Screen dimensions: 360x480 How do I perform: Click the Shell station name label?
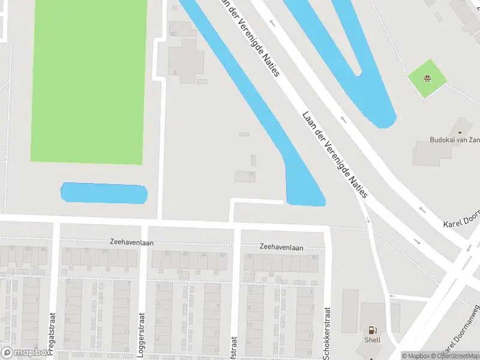(x=372, y=340)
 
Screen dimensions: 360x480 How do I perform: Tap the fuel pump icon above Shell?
(x=372, y=329)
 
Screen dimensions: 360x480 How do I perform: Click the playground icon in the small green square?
(x=428, y=78)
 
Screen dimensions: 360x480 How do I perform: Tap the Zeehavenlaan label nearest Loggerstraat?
(x=132, y=242)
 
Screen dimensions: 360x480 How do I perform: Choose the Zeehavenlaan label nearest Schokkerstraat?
(x=281, y=247)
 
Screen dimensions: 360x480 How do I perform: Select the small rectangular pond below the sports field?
(x=104, y=193)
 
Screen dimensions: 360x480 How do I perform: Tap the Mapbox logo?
(x=26, y=353)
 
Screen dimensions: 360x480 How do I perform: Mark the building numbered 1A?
(x=245, y=176)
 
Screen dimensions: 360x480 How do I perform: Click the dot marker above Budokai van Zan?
(x=460, y=131)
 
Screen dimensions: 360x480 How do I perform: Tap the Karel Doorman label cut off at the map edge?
(x=461, y=223)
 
